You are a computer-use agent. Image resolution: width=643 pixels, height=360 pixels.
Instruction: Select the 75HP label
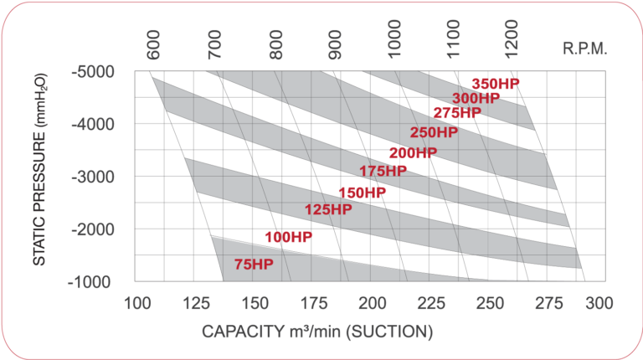[254, 265]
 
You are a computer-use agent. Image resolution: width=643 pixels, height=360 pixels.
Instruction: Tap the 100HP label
[288, 238]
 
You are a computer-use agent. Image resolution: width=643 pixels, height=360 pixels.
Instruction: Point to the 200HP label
[413, 152]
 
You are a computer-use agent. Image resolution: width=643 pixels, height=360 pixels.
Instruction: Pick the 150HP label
[362, 193]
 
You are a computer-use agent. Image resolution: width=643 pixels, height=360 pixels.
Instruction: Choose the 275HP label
[457, 113]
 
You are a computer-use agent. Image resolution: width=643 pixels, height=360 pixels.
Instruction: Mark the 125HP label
[328, 209]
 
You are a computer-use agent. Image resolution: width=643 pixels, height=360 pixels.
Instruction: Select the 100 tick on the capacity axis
[136, 303]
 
